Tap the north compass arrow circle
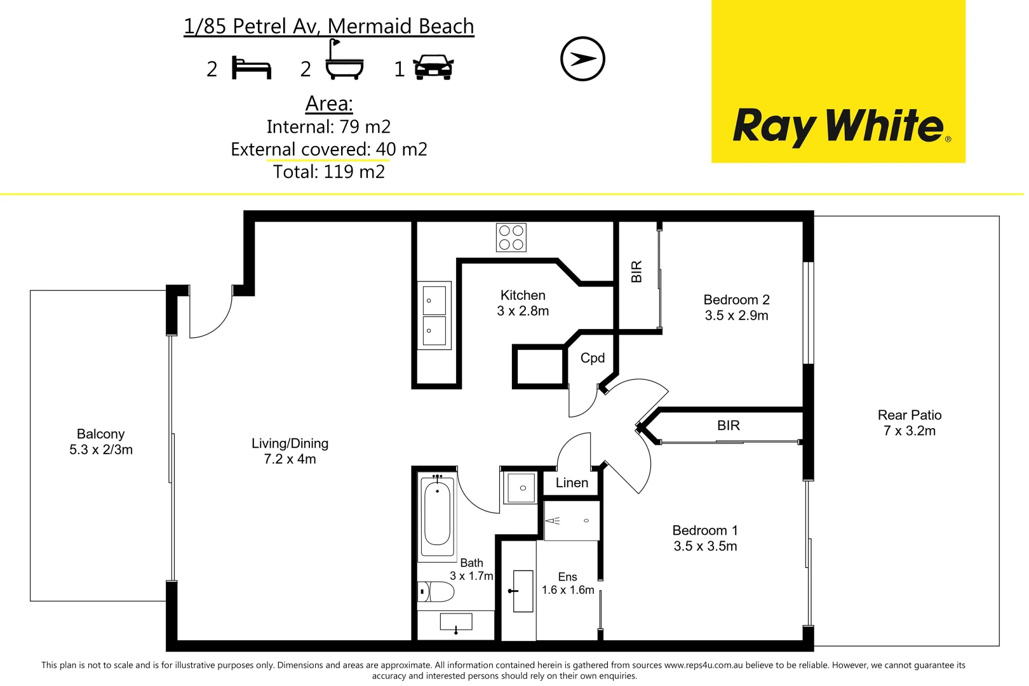pyautogui.click(x=582, y=59)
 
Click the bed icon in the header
pyautogui.click(x=252, y=68)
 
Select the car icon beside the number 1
pyautogui.click(x=433, y=67)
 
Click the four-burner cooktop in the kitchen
pyautogui.click(x=511, y=238)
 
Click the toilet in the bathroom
pyautogui.click(x=436, y=592)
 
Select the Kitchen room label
pyautogui.click(x=523, y=295)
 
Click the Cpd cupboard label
pyautogui.click(x=593, y=358)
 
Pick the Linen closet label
pyautogui.click(x=572, y=483)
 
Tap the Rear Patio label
pyautogui.click(x=910, y=415)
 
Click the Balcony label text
pyautogui.click(x=100, y=434)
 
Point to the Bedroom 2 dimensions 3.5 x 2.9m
pyautogui.click(x=736, y=316)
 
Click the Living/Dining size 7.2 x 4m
pyautogui.click(x=290, y=459)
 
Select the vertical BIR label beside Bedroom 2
pyautogui.click(x=636, y=272)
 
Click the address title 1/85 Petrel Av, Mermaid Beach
pyautogui.click(x=329, y=27)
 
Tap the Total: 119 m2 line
pyautogui.click(x=329, y=172)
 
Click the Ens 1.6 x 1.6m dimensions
pyautogui.click(x=568, y=590)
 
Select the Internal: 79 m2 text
pyautogui.click(x=328, y=127)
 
